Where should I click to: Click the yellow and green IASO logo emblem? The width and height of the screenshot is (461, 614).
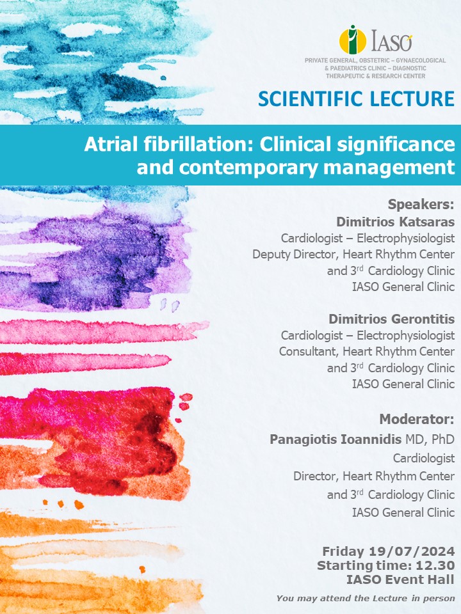pyautogui.click(x=353, y=39)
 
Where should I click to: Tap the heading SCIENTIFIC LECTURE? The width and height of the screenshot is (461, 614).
pyautogui.click(x=356, y=98)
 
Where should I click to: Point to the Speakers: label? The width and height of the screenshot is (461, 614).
pyautogui.click(x=421, y=204)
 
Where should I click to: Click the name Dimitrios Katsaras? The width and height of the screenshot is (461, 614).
pyautogui.click(x=395, y=222)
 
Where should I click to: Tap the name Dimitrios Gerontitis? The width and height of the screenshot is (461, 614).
pyautogui.click(x=391, y=319)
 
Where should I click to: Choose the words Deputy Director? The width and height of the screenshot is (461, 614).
pyautogui.click(x=296, y=255)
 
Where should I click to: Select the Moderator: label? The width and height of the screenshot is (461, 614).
pyautogui.click(x=417, y=420)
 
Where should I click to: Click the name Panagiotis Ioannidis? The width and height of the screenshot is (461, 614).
pyautogui.click(x=336, y=439)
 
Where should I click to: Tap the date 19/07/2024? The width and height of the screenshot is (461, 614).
pyautogui.click(x=412, y=551)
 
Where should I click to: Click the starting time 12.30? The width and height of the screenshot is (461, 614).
pyautogui.click(x=435, y=565)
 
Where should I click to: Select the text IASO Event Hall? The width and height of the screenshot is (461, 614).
pyautogui.click(x=400, y=579)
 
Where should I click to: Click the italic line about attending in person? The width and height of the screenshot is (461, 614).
pyautogui.click(x=366, y=599)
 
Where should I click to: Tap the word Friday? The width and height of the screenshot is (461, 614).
pyautogui.click(x=343, y=551)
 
